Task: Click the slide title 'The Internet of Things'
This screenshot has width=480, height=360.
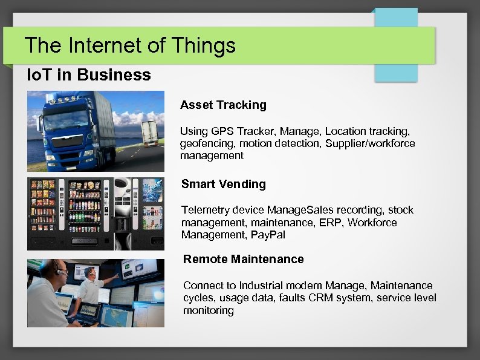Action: click(x=130, y=45)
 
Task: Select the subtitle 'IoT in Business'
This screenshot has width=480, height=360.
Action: click(x=89, y=75)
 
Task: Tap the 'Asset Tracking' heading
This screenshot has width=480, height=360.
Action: click(x=223, y=105)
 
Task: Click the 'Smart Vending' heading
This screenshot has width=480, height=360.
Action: click(x=224, y=184)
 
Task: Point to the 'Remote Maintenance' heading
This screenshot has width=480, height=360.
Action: click(x=243, y=259)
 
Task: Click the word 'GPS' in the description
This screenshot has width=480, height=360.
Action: click(x=223, y=131)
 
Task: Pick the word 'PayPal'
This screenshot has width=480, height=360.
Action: click(x=270, y=235)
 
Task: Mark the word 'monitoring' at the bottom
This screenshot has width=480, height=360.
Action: click(x=208, y=310)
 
